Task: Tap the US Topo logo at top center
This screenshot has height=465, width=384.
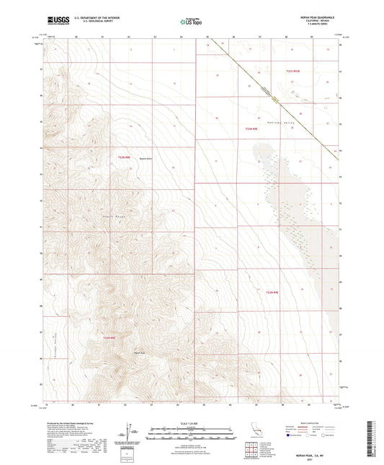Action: [191, 22]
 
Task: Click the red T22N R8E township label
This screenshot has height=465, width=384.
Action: [125, 157]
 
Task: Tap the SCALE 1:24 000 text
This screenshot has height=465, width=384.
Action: [192, 422]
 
